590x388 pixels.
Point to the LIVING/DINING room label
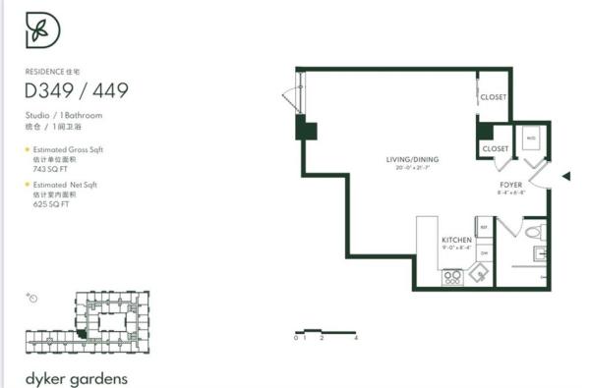pyautogui.click(x=412, y=158)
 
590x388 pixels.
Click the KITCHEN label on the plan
pyautogui.click(x=456, y=240)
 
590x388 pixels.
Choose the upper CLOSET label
pyautogui.click(x=493, y=97)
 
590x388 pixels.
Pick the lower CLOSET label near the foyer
pyautogui.click(x=496, y=148)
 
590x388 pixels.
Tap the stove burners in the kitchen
pyautogui.click(x=453, y=276)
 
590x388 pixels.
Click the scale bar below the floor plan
pyautogui.click(x=325, y=331)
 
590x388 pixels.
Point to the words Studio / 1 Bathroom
pyautogui.click(x=64, y=115)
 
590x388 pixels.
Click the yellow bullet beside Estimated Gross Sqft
pyautogui.click(x=28, y=149)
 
